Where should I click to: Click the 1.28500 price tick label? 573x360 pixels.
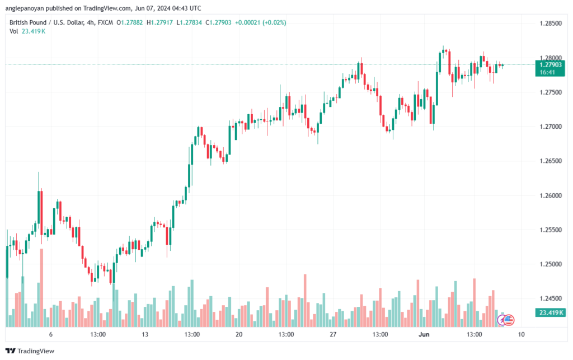551,24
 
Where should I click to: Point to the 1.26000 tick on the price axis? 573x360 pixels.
551,195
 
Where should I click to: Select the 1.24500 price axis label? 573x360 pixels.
551,298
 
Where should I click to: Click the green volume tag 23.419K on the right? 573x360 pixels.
550,312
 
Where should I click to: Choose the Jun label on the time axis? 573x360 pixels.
424,334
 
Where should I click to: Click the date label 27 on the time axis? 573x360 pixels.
333,334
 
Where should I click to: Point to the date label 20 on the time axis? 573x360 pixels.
239,334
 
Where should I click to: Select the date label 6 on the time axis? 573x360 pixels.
51,334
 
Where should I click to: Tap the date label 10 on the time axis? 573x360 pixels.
521,334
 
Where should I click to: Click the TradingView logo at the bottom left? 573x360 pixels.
30,351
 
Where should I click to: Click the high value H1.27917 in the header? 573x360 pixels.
159,22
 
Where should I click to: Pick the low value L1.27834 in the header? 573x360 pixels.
189,22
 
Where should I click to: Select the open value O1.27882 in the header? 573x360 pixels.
130,22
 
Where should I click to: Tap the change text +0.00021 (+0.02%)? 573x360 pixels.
261,22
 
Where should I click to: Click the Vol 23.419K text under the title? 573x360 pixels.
27,31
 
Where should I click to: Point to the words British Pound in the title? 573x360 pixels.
28,22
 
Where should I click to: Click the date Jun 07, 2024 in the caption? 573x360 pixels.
157,8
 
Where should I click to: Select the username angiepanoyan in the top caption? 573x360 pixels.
25,8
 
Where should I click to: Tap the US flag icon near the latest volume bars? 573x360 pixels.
509,320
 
